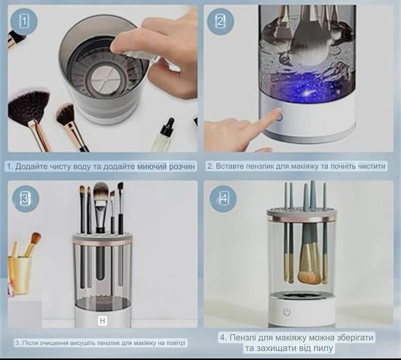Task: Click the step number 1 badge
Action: tap(24, 21)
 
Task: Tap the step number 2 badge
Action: tap(220, 21)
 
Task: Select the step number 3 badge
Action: tap(26, 199)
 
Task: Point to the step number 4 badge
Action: tap(223, 199)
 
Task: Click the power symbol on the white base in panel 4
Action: tap(287, 312)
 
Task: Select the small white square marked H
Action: tap(102, 321)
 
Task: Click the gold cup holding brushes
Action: tap(19, 274)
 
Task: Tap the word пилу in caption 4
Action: tap(324, 348)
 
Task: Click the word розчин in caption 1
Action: tap(181, 166)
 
